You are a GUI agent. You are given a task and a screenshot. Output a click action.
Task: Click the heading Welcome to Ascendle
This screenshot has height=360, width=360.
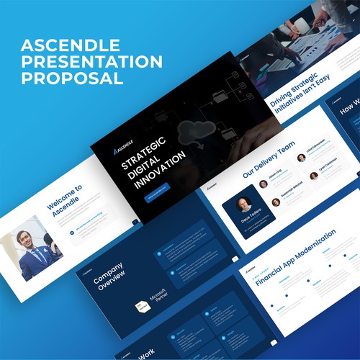pyautogui.click(x=66, y=201)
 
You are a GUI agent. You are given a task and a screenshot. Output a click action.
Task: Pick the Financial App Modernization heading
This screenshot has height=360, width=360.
pyautogui.click(x=295, y=257)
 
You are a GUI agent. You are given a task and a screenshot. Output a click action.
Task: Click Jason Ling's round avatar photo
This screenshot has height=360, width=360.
pyautogui.click(x=264, y=184)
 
